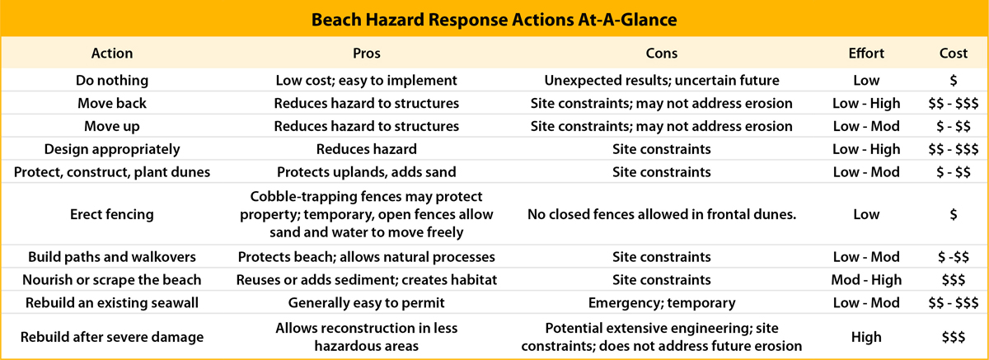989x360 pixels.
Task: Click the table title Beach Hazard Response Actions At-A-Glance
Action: coord(494,20)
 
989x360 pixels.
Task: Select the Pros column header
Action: coord(367,54)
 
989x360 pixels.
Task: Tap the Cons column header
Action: coord(661,54)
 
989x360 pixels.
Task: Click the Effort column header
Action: coord(866,54)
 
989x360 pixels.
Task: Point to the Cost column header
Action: coord(954,54)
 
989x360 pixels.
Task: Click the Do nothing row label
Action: coord(112,80)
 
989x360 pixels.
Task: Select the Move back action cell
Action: coord(112,103)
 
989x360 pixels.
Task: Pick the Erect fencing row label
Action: coord(112,214)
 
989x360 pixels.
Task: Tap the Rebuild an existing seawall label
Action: coord(112,302)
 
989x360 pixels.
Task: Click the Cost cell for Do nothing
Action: coord(954,80)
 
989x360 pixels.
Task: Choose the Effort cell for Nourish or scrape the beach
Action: coord(866,280)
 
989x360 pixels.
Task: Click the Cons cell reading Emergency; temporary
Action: coord(661,302)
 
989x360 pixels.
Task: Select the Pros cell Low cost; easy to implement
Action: coord(367,80)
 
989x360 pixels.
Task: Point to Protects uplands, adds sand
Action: coord(367,172)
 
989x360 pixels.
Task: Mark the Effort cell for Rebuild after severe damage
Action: coord(866,337)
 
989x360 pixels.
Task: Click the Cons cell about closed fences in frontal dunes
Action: coord(661,214)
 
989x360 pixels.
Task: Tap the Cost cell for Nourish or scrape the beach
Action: coord(954,280)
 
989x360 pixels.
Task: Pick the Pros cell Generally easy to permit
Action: coord(367,302)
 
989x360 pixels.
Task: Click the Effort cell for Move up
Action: coord(866,126)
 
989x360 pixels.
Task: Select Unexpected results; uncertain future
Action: coord(661,80)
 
